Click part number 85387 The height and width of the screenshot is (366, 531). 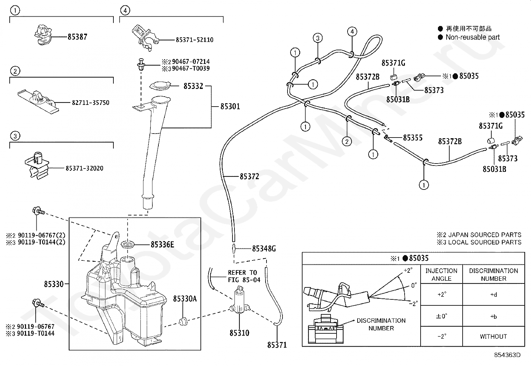click(77, 37)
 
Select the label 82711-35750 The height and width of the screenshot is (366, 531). click(90, 103)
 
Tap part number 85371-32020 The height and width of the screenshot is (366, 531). click(84, 168)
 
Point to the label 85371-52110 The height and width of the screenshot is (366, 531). click(194, 40)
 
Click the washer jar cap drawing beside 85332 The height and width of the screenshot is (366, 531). click(160, 86)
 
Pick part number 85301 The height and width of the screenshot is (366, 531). click(230, 106)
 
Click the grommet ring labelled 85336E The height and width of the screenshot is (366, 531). click(128, 244)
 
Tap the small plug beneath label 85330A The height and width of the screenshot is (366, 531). click(183, 321)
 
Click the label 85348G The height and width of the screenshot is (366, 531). click(264, 248)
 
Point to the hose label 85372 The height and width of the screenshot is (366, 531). click(249, 177)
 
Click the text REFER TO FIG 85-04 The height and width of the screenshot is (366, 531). click(244, 276)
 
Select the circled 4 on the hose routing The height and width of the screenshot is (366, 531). click(352, 32)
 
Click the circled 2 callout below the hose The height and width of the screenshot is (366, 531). click(347, 142)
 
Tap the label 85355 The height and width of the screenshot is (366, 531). click(413, 138)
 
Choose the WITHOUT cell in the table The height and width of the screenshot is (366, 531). click(493, 336)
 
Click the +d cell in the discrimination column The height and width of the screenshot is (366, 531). click(494, 294)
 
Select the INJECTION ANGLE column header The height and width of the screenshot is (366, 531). click(441, 275)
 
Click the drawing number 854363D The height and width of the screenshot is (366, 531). click(507, 355)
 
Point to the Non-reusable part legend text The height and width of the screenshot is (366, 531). click(472, 37)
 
